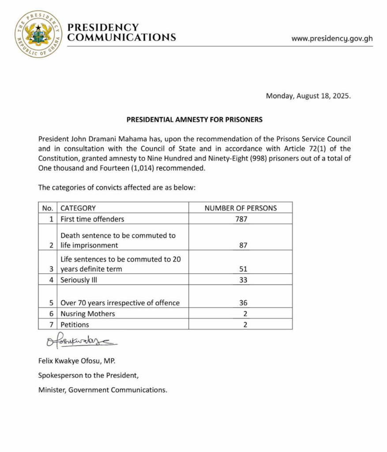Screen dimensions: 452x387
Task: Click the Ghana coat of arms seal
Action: [38, 34]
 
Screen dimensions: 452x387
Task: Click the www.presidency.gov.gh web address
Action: [332, 38]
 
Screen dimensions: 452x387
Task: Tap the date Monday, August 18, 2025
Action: [308, 96]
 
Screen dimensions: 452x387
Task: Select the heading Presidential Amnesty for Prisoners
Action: [195, 120]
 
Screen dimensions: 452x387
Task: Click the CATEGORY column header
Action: [78, 208]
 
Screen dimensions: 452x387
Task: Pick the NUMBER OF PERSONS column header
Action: [240, 208]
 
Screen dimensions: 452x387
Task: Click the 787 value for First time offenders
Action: [240, 219]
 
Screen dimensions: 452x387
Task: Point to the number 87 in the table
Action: [240, 245]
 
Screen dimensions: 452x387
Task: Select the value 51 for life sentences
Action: [240, 269]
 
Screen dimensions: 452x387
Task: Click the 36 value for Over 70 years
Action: [240, 303]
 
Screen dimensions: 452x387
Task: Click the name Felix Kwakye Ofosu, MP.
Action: [77, 361]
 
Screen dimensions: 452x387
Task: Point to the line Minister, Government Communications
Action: [103, 390]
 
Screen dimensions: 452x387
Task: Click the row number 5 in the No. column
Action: [52, 303]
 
